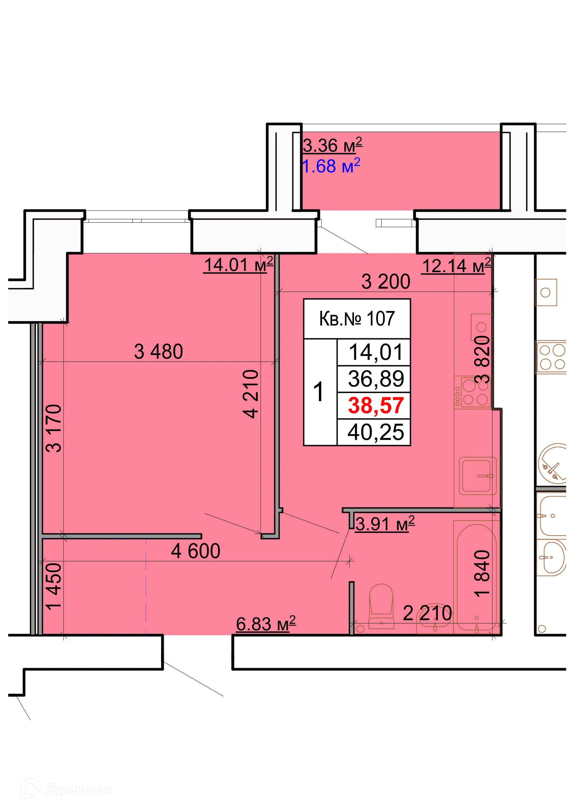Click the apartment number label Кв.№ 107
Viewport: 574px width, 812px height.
(x=357, y=319)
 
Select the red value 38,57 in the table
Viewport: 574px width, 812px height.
(x=376, y=405)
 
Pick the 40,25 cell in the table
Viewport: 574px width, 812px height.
(x=376, y=432)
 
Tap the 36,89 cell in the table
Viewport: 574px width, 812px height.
(x=376, y=379)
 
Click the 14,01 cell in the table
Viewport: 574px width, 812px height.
(x=376, y=352)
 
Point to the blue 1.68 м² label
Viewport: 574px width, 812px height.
(x=331, y=166)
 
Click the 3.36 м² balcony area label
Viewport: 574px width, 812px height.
(x=333, y=145)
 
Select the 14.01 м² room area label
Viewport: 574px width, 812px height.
(x=239, y=265)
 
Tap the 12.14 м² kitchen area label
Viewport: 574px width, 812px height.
(x=457, y=266)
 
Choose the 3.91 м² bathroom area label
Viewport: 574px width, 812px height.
(x=385, y=524)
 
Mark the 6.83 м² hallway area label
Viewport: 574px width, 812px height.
(x=266, y=624)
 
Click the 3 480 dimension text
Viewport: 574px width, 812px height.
(x=159, y=352)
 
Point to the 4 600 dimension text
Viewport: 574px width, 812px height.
(x=195, y=551)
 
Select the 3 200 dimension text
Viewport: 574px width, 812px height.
(x=385, y=282)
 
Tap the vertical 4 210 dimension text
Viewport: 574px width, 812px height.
(x=251, y=394)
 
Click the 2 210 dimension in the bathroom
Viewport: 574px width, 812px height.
(x=427, y=613)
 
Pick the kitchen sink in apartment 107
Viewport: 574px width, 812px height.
(x=477, y=476)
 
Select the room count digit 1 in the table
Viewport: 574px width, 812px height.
(x=319, y=392)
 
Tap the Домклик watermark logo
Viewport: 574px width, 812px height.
(x=67, y=789)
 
